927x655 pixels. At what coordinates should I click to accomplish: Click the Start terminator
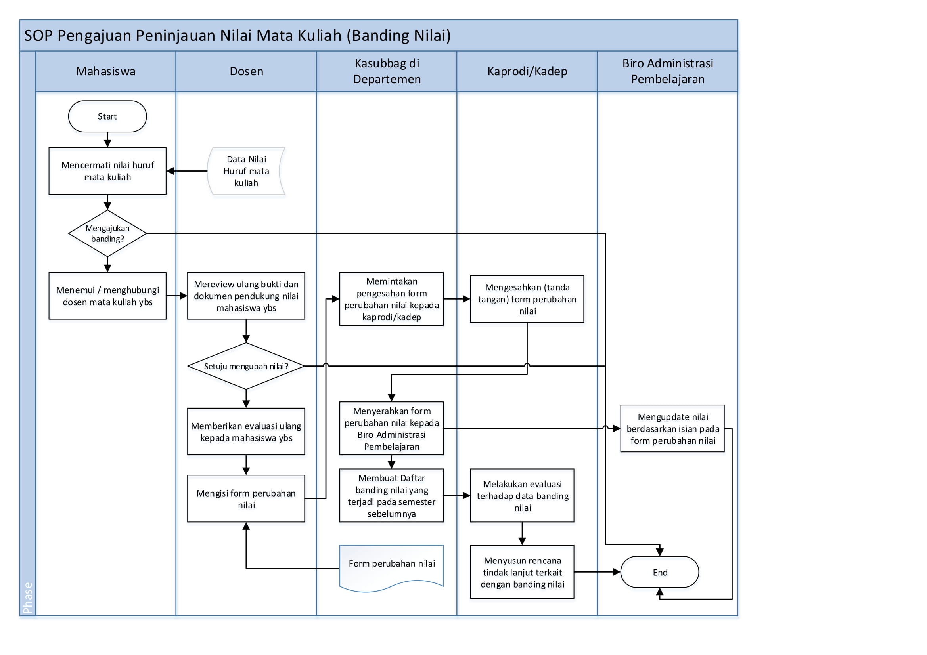click(107, 116)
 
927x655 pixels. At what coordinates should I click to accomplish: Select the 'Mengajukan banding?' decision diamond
click(107, 233)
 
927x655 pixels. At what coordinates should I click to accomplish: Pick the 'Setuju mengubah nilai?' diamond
click(246, 366)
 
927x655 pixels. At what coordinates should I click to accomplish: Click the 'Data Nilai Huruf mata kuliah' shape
click(246, 171)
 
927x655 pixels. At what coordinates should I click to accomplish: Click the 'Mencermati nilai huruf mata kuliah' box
click(107, 171)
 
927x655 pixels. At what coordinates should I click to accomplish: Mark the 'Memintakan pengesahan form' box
click(391, 299)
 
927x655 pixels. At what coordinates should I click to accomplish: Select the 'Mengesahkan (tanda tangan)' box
click(527, 299)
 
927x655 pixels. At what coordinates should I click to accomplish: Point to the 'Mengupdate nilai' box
click(672, 428)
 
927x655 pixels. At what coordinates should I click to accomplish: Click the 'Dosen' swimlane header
click(246, 71)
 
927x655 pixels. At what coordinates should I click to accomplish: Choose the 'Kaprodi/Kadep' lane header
click(527, 71)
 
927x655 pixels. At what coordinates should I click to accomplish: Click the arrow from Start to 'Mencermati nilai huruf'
click(107, 139)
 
